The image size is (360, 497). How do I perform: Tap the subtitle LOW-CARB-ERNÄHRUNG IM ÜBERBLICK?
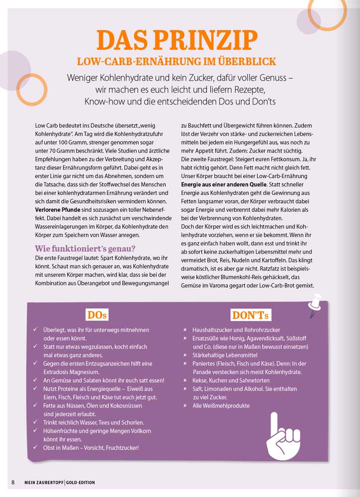pos(177,62)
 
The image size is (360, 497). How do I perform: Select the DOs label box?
pos(97,315)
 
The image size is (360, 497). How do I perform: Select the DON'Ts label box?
pos(251,315)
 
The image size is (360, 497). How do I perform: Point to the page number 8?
pos(13,483)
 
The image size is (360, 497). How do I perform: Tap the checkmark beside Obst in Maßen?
pos(35,447)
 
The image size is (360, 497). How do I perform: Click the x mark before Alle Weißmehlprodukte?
pos(185,406)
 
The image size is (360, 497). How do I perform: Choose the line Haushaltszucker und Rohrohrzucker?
pos(236,330)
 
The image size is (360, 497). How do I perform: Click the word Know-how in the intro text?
pos(103,101)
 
